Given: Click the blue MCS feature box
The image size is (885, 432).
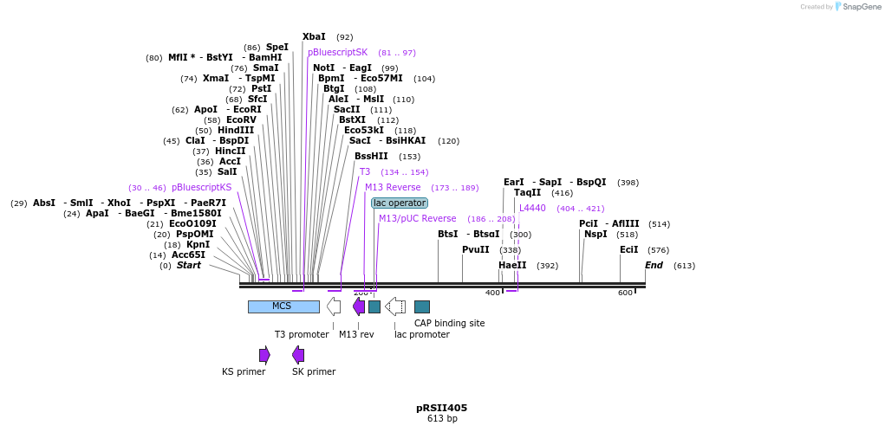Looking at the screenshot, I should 283,306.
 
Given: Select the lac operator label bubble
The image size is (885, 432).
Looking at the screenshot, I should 399,203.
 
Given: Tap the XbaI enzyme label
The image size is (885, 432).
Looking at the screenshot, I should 314,37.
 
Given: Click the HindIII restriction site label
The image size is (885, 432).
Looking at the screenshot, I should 236,131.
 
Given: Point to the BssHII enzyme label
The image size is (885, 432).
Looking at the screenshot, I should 371,157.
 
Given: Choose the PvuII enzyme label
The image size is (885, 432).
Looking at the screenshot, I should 475,249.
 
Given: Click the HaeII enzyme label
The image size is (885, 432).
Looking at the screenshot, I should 511,266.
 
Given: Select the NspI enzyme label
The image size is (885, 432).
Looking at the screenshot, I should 595,235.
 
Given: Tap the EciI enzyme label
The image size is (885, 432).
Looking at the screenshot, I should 628,250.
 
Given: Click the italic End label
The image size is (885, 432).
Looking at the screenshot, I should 654,266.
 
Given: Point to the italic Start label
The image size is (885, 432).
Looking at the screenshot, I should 188,266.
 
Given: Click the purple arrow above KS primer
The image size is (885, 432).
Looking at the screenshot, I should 264,355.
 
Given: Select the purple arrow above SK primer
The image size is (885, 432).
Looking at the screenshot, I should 298,355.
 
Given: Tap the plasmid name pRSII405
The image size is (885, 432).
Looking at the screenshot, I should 441,408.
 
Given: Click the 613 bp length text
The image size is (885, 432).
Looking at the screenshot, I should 441,419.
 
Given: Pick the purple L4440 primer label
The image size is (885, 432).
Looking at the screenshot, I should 532,209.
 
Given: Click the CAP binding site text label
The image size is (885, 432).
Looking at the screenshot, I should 449,323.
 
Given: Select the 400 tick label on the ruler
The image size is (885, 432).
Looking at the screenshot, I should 492,293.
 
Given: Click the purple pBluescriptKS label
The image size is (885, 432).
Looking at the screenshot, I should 201,188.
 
